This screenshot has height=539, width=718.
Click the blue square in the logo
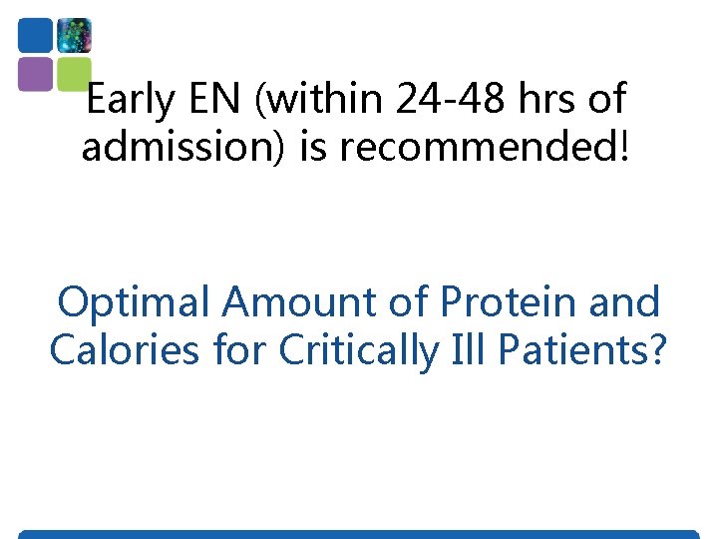click(x=36, y=35)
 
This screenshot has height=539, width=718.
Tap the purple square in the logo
click(x=36, y=73)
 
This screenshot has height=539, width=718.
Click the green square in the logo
click(x=74, y=72)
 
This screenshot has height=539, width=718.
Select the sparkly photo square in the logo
click(x=74, y=35)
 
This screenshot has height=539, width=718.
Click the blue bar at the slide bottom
click(x=359, y=534)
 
